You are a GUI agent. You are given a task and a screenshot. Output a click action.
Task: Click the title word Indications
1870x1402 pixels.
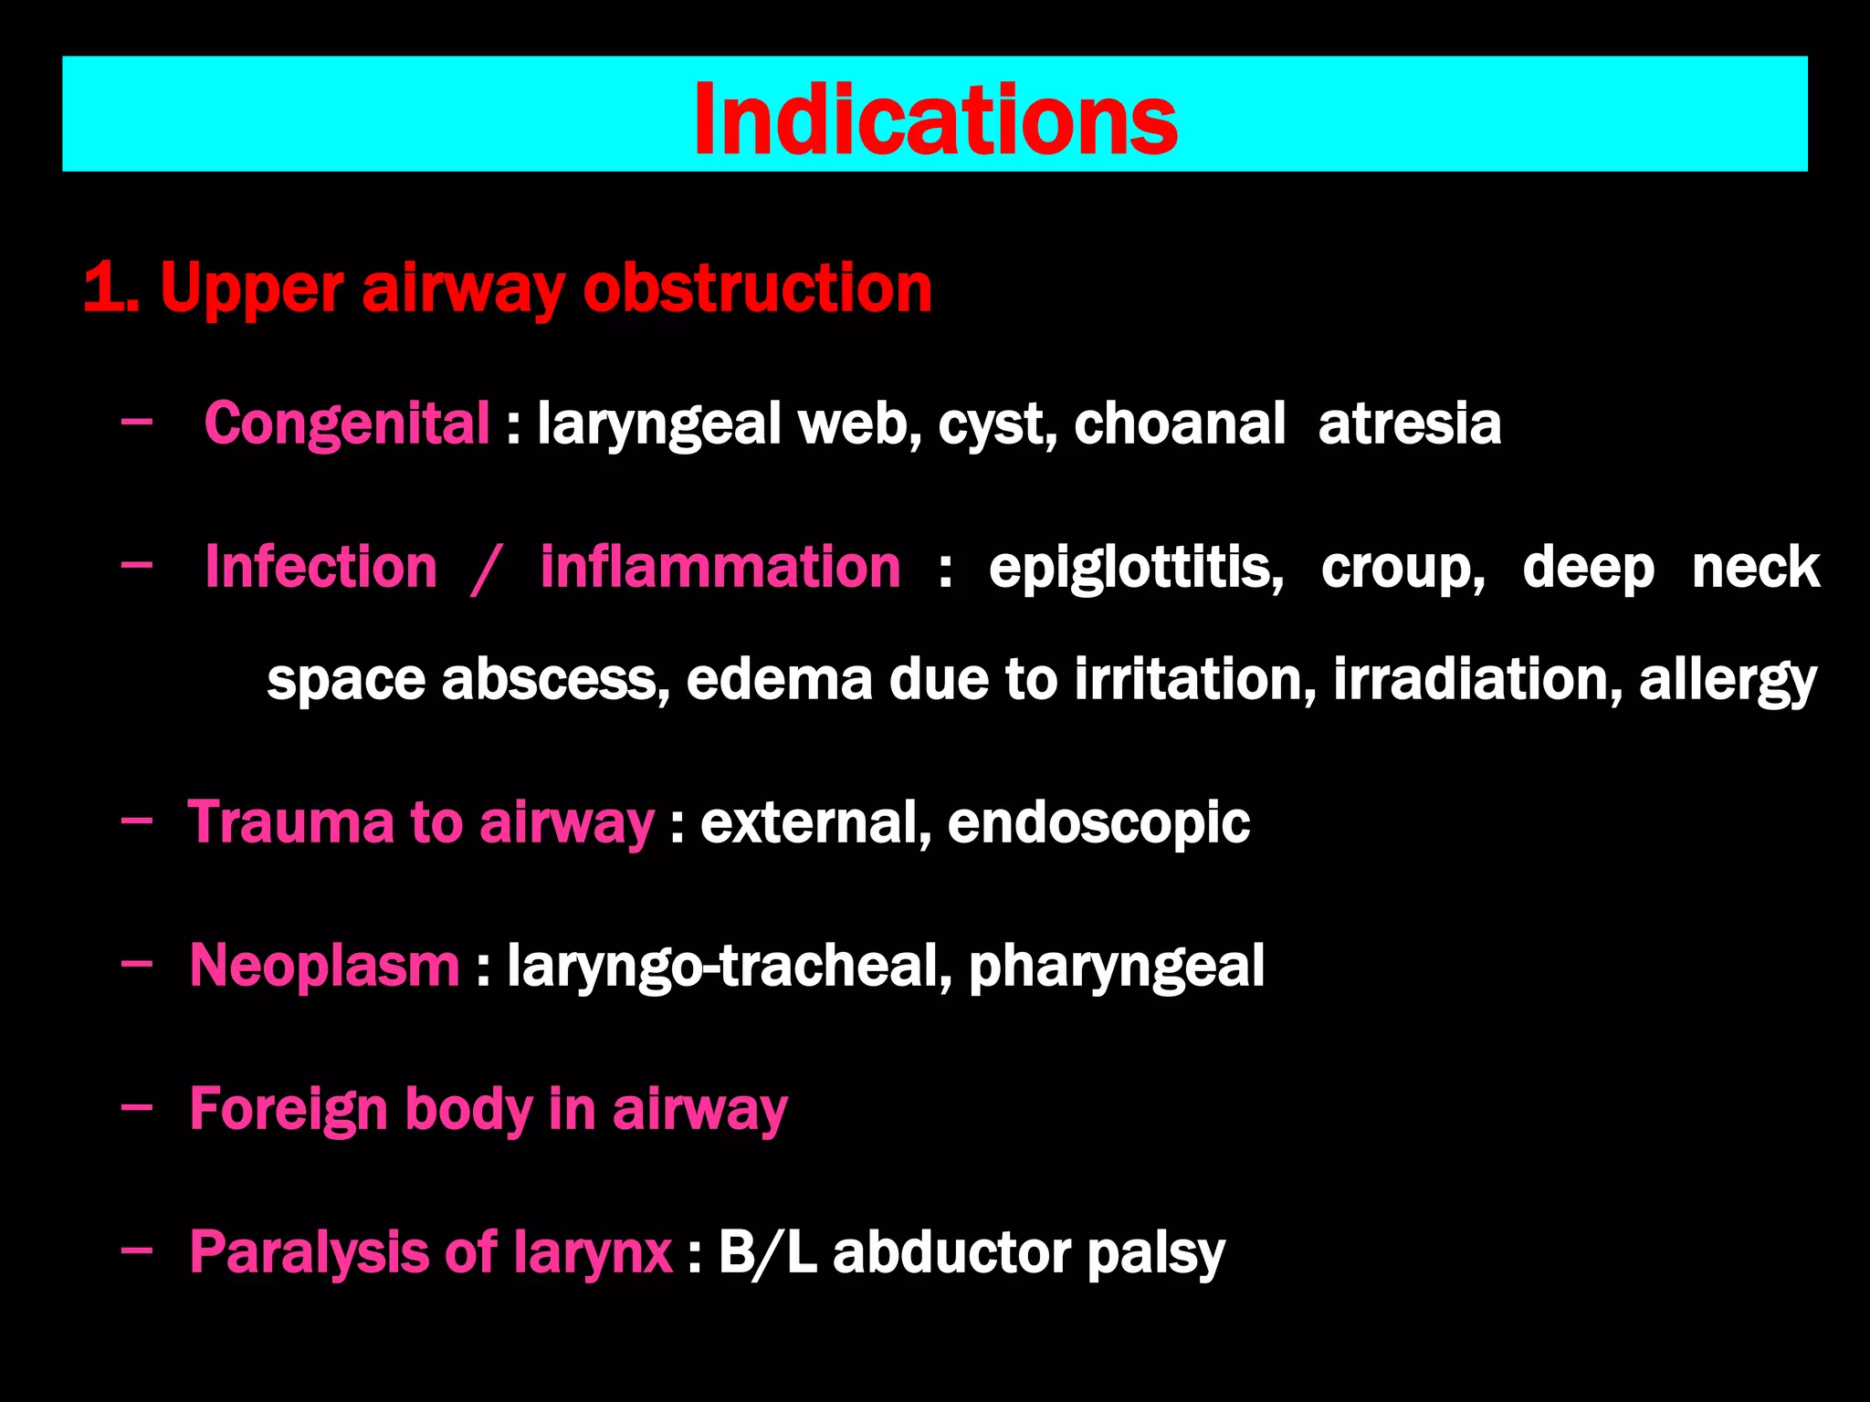[x=935, y=120]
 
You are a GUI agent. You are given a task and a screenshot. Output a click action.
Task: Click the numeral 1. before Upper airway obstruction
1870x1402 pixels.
[x=110, y=288]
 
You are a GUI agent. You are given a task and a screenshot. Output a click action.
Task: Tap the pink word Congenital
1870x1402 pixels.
[x=347, y=424]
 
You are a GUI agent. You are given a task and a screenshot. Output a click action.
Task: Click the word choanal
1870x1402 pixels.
[x=1179, y=424]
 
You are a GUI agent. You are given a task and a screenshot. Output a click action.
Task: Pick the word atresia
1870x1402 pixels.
[x=1409, y=424]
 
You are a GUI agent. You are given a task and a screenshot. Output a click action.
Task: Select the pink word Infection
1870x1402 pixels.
[x=321, y=567]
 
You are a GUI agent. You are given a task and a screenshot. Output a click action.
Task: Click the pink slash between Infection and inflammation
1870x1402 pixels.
[x=486, y=569]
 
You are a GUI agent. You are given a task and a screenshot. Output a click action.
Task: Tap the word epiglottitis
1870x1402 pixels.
[x=1136, y=569]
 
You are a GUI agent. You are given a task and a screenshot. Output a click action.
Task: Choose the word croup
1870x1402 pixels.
[x=1402, y=569]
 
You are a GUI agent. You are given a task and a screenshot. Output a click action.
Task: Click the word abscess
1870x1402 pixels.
[x=555, y=681]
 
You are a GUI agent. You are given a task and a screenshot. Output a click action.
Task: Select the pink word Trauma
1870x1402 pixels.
[x=290, y=822]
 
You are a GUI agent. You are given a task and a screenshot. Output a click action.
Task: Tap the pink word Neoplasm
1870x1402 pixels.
[x=324, y=966]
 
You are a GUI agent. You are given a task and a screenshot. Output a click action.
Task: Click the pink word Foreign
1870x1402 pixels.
[x=289, y=1110]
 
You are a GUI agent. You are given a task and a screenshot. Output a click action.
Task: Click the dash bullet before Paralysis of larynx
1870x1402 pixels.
[x=137, y=1252]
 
